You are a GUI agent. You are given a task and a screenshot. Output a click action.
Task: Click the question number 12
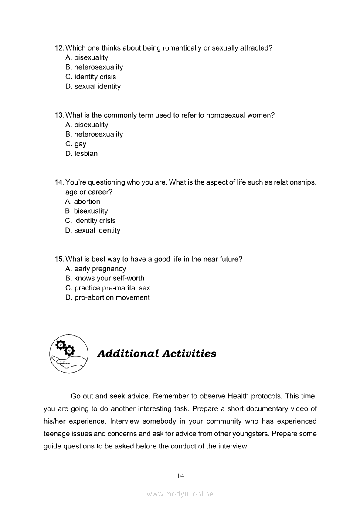point(59,48)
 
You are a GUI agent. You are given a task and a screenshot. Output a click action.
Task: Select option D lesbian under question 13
point(82,153)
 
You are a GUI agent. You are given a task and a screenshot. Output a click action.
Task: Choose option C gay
point(76,144)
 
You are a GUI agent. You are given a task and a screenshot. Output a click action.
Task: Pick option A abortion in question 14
point(82,201)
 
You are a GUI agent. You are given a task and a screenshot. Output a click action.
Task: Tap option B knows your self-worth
point(105,278)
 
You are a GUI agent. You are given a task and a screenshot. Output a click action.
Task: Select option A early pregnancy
point(95,268)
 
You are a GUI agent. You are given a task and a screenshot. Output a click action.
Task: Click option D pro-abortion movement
point(107,297)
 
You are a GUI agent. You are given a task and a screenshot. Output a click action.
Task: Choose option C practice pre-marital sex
point(108,287)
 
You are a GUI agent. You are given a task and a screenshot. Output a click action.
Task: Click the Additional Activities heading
point(156,353)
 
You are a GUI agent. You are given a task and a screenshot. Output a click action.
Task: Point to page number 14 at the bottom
point(180,475)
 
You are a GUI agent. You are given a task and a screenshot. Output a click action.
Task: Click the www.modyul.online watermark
point(180,494)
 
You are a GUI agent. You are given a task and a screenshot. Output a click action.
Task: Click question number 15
point(59,259)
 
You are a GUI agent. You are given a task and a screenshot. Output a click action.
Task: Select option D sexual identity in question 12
point(93,86)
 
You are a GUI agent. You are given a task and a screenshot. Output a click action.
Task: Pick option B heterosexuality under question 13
point(94,134)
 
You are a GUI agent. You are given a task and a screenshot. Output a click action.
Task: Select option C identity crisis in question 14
point(90,220)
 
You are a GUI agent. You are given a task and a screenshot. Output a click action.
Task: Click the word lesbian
point(86,153)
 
